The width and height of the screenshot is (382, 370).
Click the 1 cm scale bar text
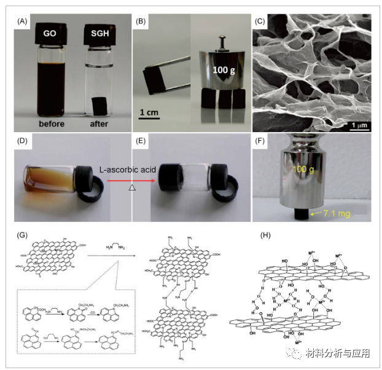(151, 112)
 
